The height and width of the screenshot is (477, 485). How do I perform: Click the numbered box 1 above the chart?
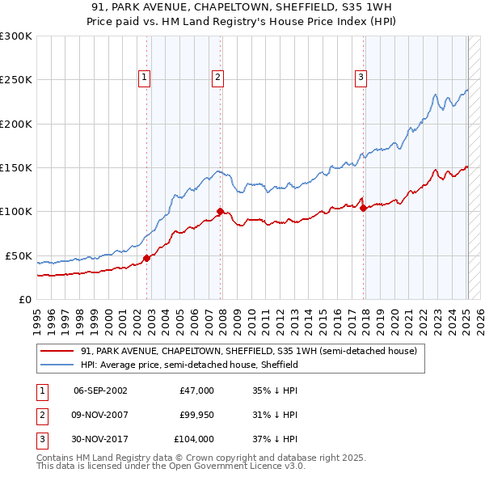(144, 78)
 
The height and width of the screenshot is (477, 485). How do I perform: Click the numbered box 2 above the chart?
(218, 78)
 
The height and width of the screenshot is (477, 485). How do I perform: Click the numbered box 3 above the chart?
(361, 78)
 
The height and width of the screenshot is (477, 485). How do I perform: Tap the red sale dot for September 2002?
(147, 259)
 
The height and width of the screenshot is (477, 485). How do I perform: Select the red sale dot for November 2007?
(220, 212)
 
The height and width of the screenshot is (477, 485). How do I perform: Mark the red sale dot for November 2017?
(364, 209)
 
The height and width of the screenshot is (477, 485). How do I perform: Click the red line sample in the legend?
(58, 352)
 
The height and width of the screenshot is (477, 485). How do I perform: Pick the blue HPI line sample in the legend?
(58, 365)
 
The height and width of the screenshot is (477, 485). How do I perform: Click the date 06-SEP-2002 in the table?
(100, 390)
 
